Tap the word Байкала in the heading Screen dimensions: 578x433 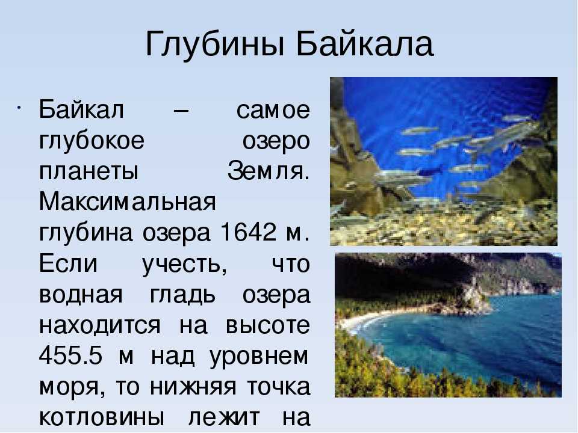coord(365,43)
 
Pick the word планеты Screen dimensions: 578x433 coord(89,171)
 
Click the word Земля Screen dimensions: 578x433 coord(269,171)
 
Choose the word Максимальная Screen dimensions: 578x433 coord(128,202)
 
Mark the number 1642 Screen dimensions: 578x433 coord(247,232)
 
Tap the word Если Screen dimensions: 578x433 coord(68,263)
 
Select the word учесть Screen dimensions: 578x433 coord(185,265)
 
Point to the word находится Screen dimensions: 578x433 coord(100,326)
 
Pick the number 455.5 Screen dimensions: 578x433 coord(70,355)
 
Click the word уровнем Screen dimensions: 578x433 coord(259,357)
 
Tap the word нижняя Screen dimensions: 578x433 coord(193,387)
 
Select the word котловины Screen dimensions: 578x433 coord(101,417)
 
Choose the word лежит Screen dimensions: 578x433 coord(224,417)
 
